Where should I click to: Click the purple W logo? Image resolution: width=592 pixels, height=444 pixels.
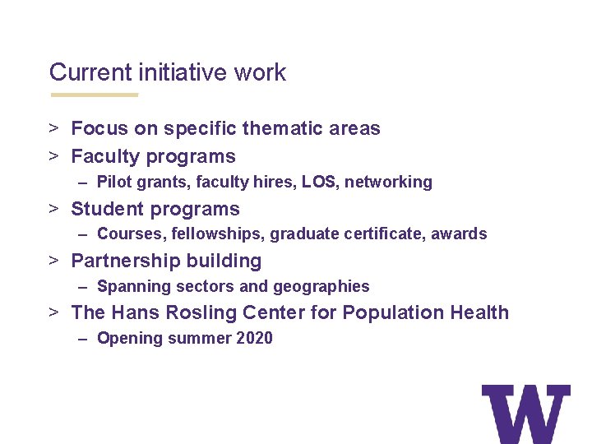click(x=525, y=414)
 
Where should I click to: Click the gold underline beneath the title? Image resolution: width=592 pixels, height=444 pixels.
click(x=94, y=95)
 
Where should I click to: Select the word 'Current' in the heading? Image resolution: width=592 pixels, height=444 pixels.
click(x=89, y=72)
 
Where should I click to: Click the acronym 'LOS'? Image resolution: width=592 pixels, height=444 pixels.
click(x=318, y=182)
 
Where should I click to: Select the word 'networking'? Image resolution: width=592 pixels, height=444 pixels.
click(x=388, y=182)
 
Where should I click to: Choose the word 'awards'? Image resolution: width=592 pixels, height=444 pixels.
click(x=460, y=234)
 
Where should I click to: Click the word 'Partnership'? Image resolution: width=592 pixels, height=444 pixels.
click(x=127, y=261)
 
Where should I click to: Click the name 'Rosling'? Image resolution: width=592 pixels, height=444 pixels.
click(x=200, y=312)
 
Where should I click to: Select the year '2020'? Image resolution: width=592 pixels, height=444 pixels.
click(x=254, y=338)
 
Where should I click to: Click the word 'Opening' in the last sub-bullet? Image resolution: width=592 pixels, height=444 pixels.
click(x=129, y=338)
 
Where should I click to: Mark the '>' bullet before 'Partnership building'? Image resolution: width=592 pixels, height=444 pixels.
click(x=53, y=261)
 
